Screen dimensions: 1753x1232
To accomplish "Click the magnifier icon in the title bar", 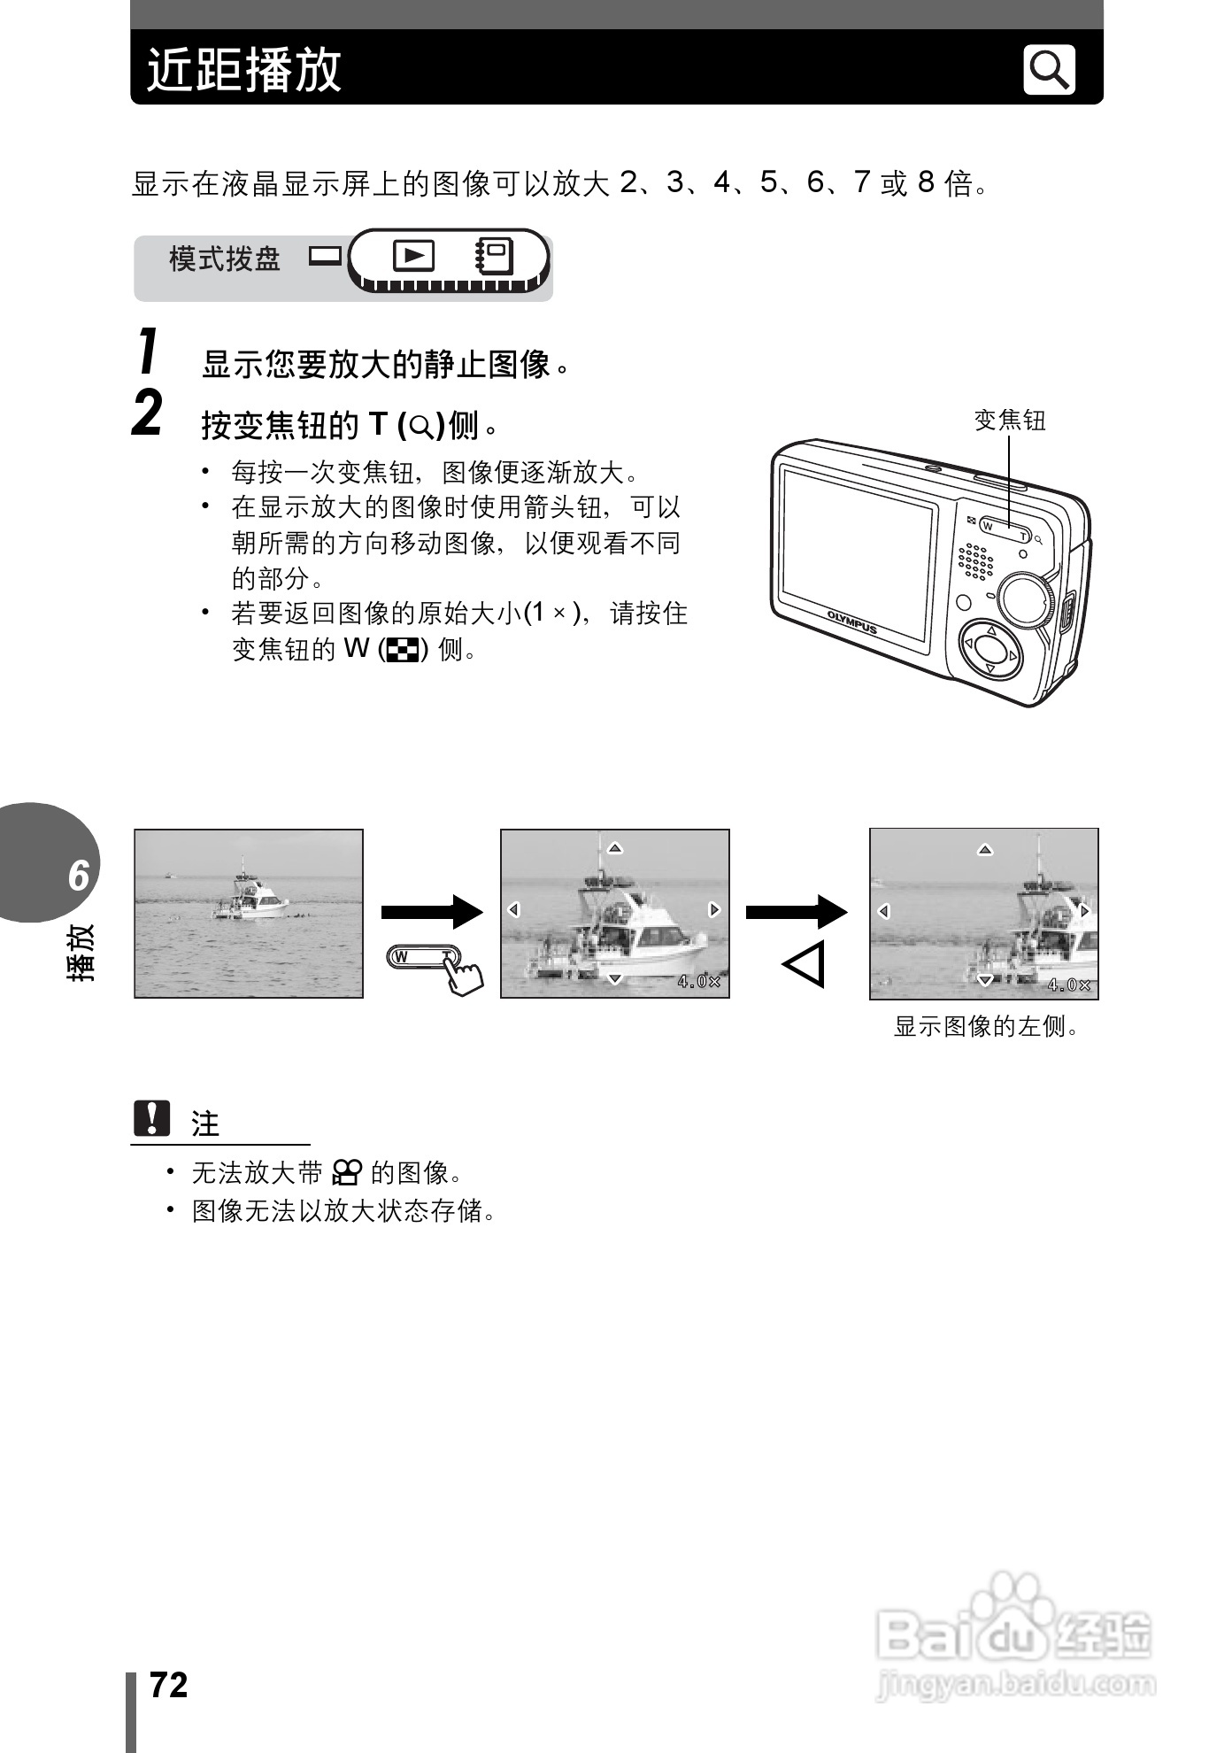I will click(1049, 69).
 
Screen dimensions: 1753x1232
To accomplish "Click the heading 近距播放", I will click(243, 69).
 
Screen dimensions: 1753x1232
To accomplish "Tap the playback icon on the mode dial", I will click(413, 256).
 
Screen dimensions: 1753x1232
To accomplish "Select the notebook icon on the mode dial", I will click(494, 257).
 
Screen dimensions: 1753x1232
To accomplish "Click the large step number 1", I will click(149, 351).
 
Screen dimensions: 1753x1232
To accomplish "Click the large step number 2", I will click(148, 414).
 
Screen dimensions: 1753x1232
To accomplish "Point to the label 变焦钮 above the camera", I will click(1009, 421).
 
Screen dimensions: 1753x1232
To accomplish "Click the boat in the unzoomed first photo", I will click(250, 894).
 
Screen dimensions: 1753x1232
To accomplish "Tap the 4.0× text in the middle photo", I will click(698, 981).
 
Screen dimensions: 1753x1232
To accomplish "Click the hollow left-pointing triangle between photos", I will click(804, 964).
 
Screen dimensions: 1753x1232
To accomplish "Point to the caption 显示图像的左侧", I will click(986, 1027).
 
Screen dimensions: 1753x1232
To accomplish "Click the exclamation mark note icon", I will click(152, 1118).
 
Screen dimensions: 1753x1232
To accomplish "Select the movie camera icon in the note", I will click(346, 1173).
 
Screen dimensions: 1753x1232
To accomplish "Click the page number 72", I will click(168, 1685).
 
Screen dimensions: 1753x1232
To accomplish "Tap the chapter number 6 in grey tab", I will click(78, 875).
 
